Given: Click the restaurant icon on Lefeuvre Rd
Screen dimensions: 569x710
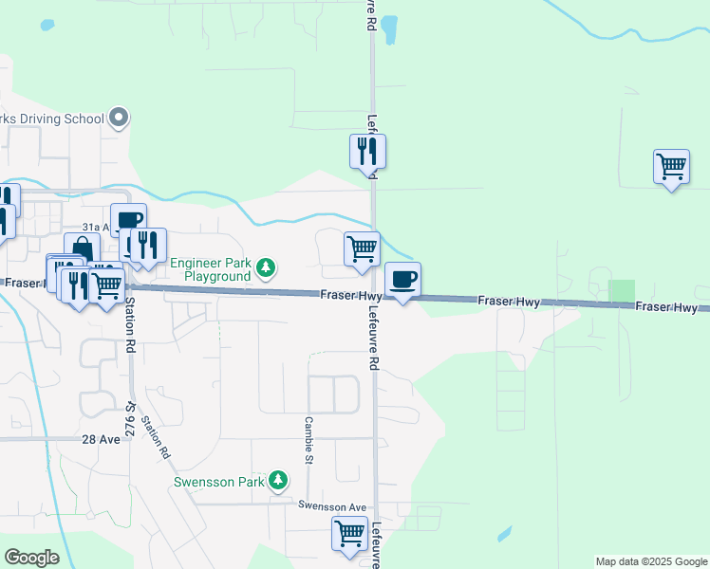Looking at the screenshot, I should tap(367, 151).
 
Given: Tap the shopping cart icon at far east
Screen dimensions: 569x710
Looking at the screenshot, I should tap(671, 167).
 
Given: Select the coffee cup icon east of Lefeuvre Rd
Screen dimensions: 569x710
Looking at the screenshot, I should tap(402, 280).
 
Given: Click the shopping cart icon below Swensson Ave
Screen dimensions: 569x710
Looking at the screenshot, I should tap(349, 534).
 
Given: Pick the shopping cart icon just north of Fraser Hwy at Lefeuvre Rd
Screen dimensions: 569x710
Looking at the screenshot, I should tap(362, 248).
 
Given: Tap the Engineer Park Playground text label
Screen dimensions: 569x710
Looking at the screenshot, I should tap(209, 268).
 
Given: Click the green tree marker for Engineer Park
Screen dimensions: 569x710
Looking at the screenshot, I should tap(267, 269).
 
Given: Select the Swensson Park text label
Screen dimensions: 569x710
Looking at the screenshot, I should tap(219, 482).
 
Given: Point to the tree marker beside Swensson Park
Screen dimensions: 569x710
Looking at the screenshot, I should tap(278, 481).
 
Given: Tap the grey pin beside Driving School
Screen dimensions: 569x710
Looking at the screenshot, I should tap(119, 118).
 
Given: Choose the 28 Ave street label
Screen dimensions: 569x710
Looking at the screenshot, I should tap(101, 440).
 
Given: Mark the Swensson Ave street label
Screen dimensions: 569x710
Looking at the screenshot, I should tap(331, 507).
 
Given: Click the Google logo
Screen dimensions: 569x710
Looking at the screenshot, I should tap(31, 558).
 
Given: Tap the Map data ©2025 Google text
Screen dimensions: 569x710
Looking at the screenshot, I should tap(651, 561).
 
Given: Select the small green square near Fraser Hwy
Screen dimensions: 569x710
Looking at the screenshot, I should tap(622, 291).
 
